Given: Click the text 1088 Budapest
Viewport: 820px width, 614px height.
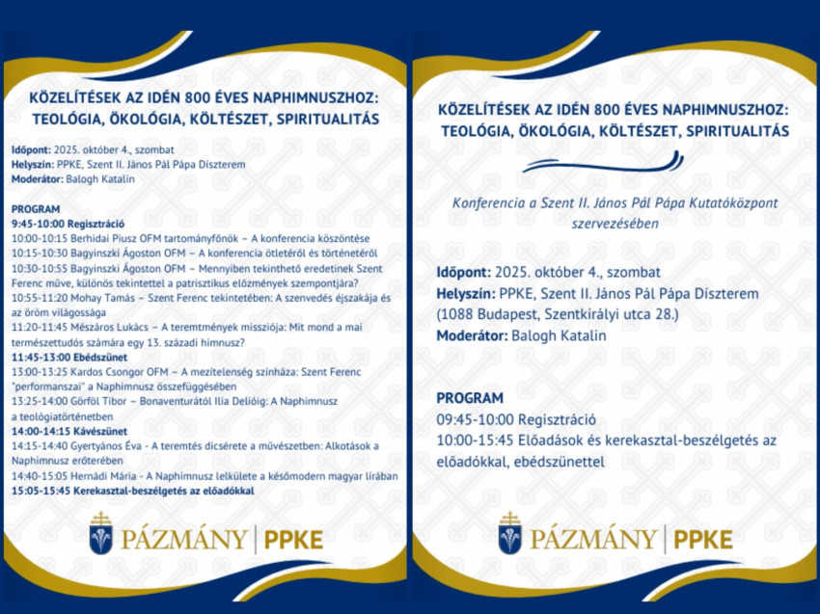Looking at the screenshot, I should [x=482, y=314].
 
